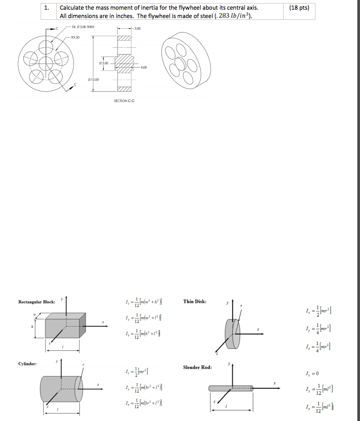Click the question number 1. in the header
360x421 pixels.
(48, 8)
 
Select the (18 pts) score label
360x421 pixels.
(299, 8)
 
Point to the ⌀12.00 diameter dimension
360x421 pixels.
(94, 79)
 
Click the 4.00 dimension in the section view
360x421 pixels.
(143, 68)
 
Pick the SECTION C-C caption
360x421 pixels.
(124, 101)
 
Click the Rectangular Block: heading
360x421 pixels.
(37, 302)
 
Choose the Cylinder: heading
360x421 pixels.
(27, 364)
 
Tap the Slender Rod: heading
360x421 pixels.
(197, 367)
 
